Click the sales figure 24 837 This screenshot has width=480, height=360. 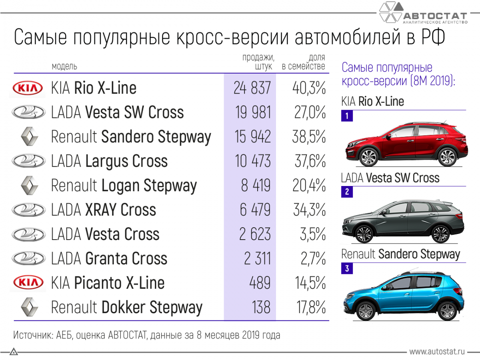click(x=252, y=88)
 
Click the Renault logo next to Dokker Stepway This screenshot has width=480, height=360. click(x=29, y=308)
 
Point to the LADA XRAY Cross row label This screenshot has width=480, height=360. click(x=104, y=210)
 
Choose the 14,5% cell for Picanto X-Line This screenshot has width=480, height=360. click(x=310, y=283)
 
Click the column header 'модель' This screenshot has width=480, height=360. click(x=64, y=66)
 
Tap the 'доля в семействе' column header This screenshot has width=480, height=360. click(x=304, y=62)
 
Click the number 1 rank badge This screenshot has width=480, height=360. click(x=346, y=117)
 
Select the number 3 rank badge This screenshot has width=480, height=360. click(x=346, y=269)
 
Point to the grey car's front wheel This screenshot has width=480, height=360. click(x=364, y=234)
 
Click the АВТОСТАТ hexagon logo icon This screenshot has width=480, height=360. click(x=391, y=13)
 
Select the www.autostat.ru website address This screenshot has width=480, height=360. click(x=437, y=352)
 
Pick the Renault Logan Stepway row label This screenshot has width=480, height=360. click(x=124, y=186)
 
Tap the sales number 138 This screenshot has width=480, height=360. click(x=261, y=308)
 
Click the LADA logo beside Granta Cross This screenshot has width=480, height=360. click(x=29, y=259)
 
